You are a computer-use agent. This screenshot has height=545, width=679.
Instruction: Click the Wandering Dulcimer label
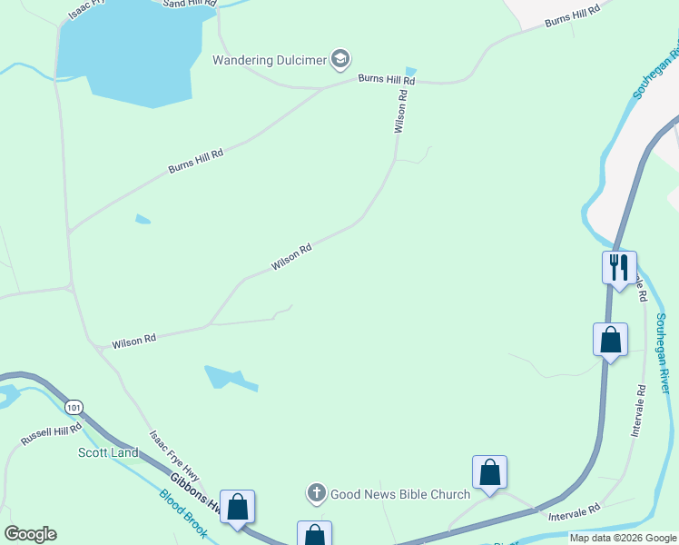tap(270, 61)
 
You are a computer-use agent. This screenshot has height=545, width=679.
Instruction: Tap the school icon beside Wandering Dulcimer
tap(340, 60)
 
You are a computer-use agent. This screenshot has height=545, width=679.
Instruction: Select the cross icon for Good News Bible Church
tap(317, 494)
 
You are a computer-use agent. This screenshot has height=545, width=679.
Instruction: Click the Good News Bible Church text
tap(400, 494)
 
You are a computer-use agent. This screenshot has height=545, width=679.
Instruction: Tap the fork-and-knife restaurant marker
tap(619, 267)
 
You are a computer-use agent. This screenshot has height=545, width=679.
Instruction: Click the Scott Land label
tap(108, 452)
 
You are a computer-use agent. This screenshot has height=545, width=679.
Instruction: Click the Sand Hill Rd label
tap(190, 4)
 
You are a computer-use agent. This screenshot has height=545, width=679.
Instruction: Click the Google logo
tap(30, 534)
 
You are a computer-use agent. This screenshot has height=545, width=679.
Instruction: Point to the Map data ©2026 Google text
tap(623, 538)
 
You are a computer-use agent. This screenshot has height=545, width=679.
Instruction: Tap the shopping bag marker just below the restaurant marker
tap(610, 341)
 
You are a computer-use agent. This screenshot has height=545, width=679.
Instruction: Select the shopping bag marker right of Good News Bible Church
tap(489, 472)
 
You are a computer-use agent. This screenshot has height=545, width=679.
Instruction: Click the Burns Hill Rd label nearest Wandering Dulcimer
tap(386, 80)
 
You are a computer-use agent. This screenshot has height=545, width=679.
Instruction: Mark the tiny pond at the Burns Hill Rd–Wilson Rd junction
tap(411, 72)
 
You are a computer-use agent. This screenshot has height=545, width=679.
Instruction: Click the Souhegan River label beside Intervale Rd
tap(663, 353)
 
